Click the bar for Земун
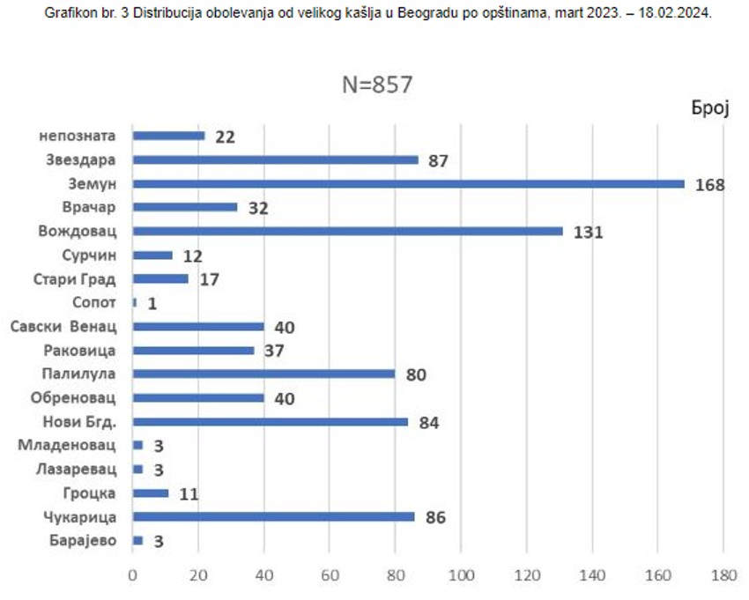(408, 183)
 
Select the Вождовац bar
(347, 231)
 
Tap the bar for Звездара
(275, 159)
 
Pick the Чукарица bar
(273, 516)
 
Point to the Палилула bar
(263, 373)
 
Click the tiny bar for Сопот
(135, 302)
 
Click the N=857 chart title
(377, 85)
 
